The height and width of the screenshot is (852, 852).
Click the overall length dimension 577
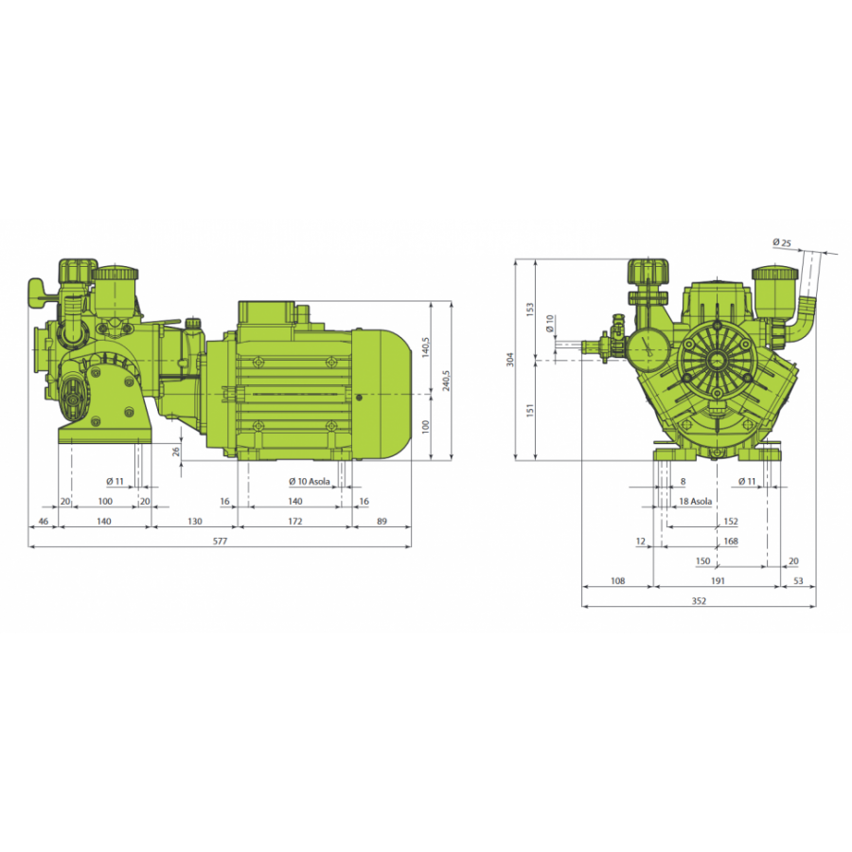220,541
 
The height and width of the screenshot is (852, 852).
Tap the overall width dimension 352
699,601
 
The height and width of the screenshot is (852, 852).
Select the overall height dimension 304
510,359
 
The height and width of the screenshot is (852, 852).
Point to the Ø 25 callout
782,243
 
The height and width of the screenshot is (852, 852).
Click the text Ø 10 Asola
310,482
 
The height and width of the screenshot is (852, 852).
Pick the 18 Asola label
696,502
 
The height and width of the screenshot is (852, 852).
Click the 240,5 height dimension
446,381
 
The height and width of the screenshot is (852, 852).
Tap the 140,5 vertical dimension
425,347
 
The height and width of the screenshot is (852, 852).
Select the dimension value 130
194,522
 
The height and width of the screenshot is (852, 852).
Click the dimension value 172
295,522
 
